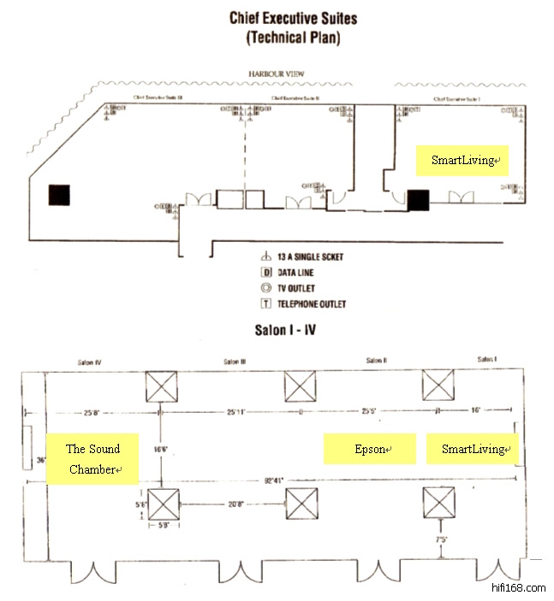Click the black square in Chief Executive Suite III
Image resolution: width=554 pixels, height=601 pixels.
[59, 195]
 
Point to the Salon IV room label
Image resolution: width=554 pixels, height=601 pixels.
[88, 362]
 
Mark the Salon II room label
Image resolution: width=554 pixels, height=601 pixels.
[376, 362]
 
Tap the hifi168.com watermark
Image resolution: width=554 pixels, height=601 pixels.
[519, 588]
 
